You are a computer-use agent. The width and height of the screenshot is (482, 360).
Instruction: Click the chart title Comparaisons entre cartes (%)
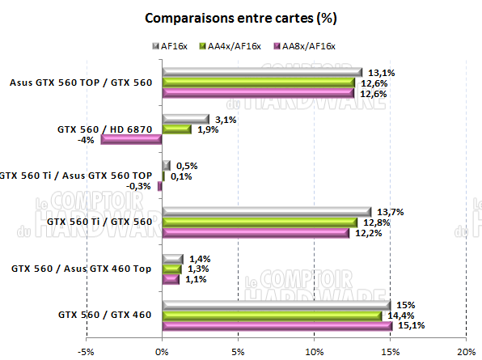pyautogui.click(x=240, y=18)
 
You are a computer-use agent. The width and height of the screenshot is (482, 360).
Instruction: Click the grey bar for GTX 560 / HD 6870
pyautogui.click(x=185, y=119)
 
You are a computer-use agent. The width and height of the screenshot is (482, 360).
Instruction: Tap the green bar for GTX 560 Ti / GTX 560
pyautogui.click(x=259, y=222)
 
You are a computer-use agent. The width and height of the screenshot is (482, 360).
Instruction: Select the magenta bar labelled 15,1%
pyautogui.click(x=277, y=326)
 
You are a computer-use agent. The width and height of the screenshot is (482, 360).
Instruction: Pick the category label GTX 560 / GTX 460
pyautogui.click(x=104, y=315)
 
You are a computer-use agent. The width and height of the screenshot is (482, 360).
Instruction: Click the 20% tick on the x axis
pyautogui.click(x=467, y=351)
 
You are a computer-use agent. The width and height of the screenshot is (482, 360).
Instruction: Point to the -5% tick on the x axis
pyautogui.click(x=85, y=351)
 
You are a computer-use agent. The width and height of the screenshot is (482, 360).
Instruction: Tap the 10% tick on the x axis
pyautogui.click(x=314, y=351)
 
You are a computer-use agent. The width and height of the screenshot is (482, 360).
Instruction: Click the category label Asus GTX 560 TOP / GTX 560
pyautogui.click(x=82, y=82)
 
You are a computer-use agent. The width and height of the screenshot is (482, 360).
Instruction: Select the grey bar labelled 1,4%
pyautogui.click(x=172, y=258)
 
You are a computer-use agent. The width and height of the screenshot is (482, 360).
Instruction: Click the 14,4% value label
pyautogui.click(x=395, y=316)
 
